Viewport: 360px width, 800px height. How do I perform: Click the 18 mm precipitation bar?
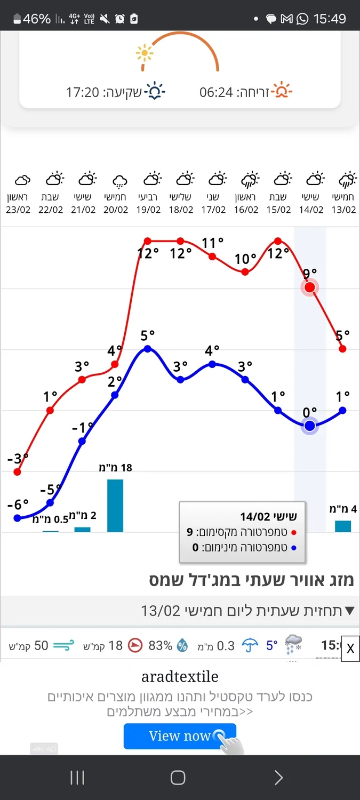pyautogui.click(x=115, y=505)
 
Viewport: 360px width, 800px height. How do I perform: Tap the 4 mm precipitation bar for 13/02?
pyautogui.click(x=343, y=526)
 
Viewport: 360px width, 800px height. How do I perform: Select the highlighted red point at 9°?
pyautogui.click(x=309, y=288)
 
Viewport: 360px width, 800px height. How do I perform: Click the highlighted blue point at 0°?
pyautogui.click(x=310, y=426)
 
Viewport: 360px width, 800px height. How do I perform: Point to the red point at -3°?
pyautogui.click(x=18, y=472)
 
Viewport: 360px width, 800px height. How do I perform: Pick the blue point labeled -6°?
pyautogui.click(x=18, y=518)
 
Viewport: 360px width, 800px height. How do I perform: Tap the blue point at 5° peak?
pyautogui.click(x=148, y=349)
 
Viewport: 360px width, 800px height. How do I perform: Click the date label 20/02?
pyautogui.click(x=116, y=210)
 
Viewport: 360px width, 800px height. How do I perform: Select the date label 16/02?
pyautogui.click(x=246, y=210)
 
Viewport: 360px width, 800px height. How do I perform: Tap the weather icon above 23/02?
pyautogui.click(x=22, y=180)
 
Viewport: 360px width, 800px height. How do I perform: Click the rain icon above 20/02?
pyautogui.click(x=119, y=181)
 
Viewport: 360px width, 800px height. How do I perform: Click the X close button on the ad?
pyautogui.click(x=350, y=649)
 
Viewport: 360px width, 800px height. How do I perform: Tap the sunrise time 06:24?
pyautogui.click(x=216, y=92)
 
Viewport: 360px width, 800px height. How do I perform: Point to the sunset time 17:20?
pyautogui.click(x=83, y=92)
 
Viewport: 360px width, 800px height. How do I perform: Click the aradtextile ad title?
pyautogui.click(x=180, y=677)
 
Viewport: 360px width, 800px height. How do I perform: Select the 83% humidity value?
pyautogui.click(x=160, y=646)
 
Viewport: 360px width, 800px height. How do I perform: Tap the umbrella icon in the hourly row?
pyautogui.click(x=250, y=646)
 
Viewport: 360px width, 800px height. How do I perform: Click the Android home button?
pyautogui.click(x=178, y=778)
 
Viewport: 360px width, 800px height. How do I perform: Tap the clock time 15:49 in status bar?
pyautogui.click(x=330, y=19)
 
